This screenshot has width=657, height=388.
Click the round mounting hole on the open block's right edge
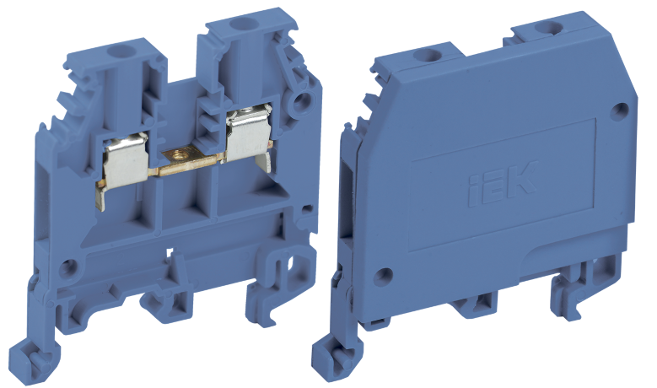tap(298, 108)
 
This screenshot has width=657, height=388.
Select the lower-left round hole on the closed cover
tap(383, 273)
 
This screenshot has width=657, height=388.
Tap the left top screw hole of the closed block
tap(422, 57)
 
